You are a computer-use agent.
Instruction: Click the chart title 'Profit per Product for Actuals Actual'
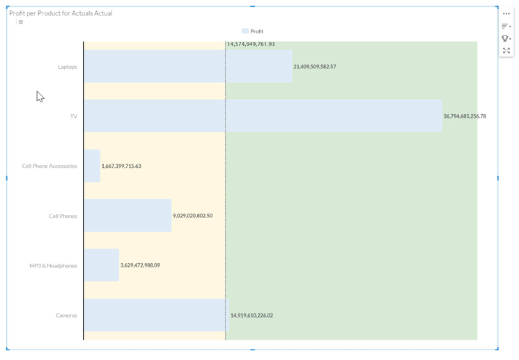(61, 13)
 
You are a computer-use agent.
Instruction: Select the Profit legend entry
(253, 31)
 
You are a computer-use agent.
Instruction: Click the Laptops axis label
(68, 67)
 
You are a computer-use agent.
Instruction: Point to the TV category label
(73, 116)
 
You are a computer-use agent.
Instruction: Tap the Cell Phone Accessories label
(49, 166)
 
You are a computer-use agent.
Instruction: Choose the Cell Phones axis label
(63, 216)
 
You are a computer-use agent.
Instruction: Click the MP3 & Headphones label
(53, 266)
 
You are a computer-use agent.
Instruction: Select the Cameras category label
(67, 315)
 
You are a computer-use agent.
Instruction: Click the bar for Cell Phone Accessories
(92, 166)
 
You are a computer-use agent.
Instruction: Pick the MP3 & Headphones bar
(102, 265)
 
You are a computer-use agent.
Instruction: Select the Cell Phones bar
(127, 215)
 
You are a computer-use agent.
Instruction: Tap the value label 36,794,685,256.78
(465, 116)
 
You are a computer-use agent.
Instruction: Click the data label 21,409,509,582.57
(315, 67)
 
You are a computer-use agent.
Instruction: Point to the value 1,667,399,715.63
(121, 166)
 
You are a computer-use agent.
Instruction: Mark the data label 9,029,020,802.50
(193, 215)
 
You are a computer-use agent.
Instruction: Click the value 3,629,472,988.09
(140, 265)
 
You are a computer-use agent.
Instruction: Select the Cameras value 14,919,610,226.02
(252, 315)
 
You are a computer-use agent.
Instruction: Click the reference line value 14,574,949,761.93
(251, 44)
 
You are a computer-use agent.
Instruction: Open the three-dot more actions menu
(506, 13)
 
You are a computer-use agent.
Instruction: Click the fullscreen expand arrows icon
(506, 51)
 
